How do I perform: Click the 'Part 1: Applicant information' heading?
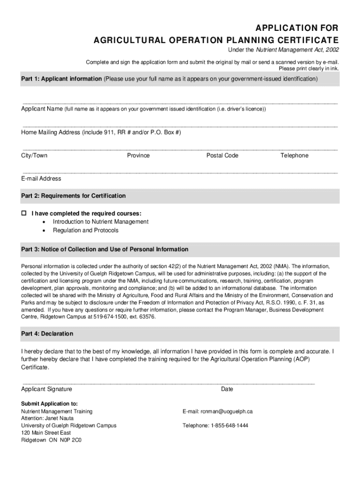click(61, 79)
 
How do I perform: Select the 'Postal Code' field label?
click(222, 155)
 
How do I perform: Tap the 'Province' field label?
click(138, 155)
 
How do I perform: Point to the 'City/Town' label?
click(34, 155)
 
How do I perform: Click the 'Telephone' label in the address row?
click(294, 155)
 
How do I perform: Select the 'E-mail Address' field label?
click(41, 178)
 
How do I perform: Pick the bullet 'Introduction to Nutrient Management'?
click(101, 222)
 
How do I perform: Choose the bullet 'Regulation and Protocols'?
click(86, 231)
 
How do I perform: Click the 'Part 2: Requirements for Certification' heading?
click(73, 196)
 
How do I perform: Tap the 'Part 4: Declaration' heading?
click(47, 334)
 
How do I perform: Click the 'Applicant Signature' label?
click(47, 389)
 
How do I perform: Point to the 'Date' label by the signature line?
click(227, 389)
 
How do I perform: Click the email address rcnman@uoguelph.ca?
click(227, 412)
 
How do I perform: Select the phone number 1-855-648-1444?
click(229, 426)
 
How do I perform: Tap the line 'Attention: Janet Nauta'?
click(47, 418)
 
